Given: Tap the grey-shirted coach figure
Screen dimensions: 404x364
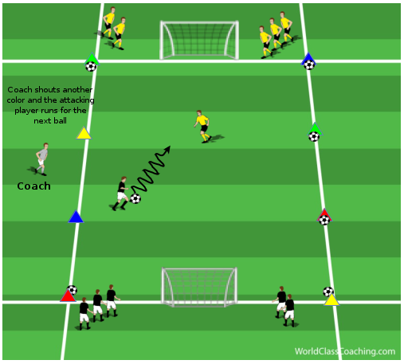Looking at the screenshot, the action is [x=41, y=159].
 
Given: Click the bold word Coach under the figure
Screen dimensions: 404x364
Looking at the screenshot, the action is [x=33, y=186].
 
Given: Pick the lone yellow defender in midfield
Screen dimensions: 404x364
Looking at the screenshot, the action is [x=203, y=127].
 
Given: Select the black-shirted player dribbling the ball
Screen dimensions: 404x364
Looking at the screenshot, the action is [x=121, y=194].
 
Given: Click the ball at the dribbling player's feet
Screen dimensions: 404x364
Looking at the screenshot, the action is [x=135, y=198].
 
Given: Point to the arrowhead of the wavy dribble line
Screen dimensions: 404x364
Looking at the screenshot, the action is [x=167, y=149].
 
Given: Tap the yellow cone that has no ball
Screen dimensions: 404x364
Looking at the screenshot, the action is [x=84, y=133].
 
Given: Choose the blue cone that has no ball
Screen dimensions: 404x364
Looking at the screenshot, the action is [x=76, y=217].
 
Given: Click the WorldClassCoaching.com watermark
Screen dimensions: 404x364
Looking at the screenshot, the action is [x=345, y=351].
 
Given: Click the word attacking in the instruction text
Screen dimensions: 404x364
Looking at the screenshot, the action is [x=77, y=100].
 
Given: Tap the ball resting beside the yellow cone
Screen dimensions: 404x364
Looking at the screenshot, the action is [x=328, y=292].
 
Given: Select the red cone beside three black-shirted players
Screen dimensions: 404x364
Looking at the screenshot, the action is [x=68, y=296].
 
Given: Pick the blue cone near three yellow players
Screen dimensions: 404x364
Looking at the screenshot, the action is [x=308, y=59].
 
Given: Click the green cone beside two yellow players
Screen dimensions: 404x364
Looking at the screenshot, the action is [x=92, y=59].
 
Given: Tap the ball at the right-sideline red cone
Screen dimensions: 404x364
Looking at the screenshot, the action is [x=324, y=220].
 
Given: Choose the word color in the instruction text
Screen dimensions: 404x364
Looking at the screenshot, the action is [x=16, y=100].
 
